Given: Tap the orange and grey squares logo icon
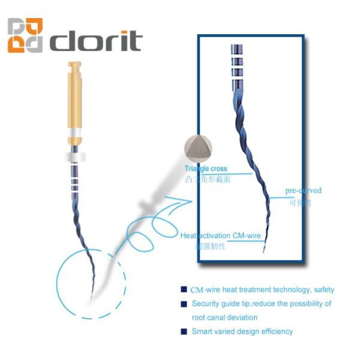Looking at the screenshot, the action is pyautogui.click(x=26, y=35).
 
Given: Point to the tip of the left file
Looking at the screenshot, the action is pyautogui.click(x=91, y=299).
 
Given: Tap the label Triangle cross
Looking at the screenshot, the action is pyautogui.click(x=206, y=169).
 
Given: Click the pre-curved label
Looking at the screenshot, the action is pyautogui.click(x=303, y=191).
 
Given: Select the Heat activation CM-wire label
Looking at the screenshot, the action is pyautogui.click(x=221, y=236).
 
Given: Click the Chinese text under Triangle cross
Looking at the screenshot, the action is pyautogui.click(x=208, y=179).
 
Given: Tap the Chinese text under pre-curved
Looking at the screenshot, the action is pyautogui.click(x=299, y=202).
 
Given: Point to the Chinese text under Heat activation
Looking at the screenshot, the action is pyautogui.click(x=210, y=246).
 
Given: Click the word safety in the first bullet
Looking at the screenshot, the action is pyautogui.click(x=323, y=290).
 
